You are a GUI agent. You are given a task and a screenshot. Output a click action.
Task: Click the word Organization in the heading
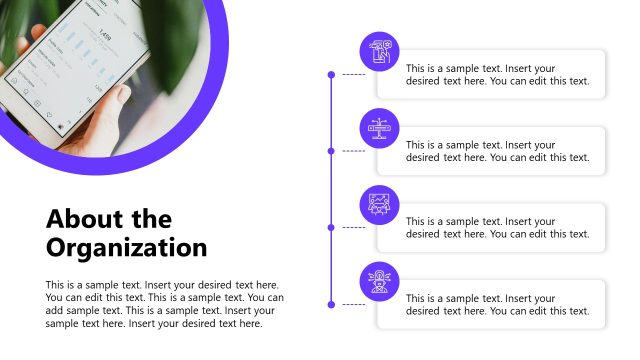pos(126,247)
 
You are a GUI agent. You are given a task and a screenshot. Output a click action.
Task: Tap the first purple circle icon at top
pos(379,52)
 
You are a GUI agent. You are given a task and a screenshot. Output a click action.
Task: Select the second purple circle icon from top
pos(379,128)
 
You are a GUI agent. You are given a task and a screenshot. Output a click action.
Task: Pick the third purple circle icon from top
pos(379,204)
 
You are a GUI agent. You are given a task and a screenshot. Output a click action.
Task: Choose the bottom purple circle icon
pos(379,281)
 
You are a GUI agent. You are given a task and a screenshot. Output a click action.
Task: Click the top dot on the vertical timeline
pos(331,74)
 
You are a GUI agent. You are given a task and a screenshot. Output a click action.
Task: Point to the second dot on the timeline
pos(331,151)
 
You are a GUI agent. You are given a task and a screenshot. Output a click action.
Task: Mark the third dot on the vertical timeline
pos(331,227)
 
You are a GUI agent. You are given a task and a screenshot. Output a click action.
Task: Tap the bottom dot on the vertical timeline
pos(331,304)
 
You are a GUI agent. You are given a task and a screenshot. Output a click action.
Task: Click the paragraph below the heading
pos(165,304)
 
